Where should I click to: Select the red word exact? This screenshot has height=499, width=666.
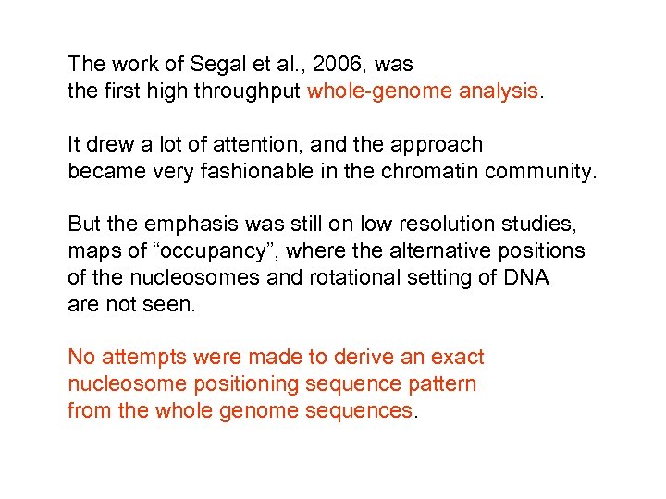pyautogui.click(x=459, y=358)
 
